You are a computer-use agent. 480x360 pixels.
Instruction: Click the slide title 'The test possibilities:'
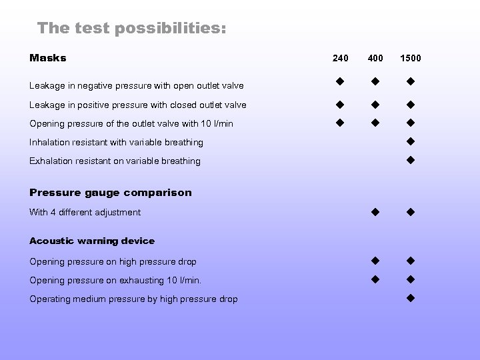pos(131,28)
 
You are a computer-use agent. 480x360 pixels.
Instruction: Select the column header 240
pos(340,58)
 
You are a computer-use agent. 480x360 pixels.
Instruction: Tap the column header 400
pos(375,58)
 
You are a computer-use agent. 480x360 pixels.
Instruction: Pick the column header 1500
pos(410,58)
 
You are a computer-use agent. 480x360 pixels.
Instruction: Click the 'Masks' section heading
pos(48,58)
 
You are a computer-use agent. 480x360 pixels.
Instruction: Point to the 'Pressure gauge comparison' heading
pos(111,193)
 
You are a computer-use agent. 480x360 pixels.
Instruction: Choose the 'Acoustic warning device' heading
pos(92,241)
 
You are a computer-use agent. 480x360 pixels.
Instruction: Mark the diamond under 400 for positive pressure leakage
pos(375,104)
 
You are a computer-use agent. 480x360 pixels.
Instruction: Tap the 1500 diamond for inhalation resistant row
pos(411,141)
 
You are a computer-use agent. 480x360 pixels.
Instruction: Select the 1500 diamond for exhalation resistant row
pos(411,159)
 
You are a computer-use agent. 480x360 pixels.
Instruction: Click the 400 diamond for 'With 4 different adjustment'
pos(375,212)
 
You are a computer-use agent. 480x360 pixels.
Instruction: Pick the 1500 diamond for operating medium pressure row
pos(411,297)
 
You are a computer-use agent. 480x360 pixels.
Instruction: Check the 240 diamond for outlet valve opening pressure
pos(339,122)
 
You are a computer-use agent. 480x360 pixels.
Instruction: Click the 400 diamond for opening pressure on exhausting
pos(375,279)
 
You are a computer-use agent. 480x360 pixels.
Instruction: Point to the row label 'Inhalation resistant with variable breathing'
pos(117,142)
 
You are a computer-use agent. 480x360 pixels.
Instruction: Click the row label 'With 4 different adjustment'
pos(85,213)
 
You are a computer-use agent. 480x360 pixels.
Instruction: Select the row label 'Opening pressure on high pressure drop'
pos(113,262)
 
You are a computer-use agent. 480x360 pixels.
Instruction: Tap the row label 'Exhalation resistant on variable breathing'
pos(115,161)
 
